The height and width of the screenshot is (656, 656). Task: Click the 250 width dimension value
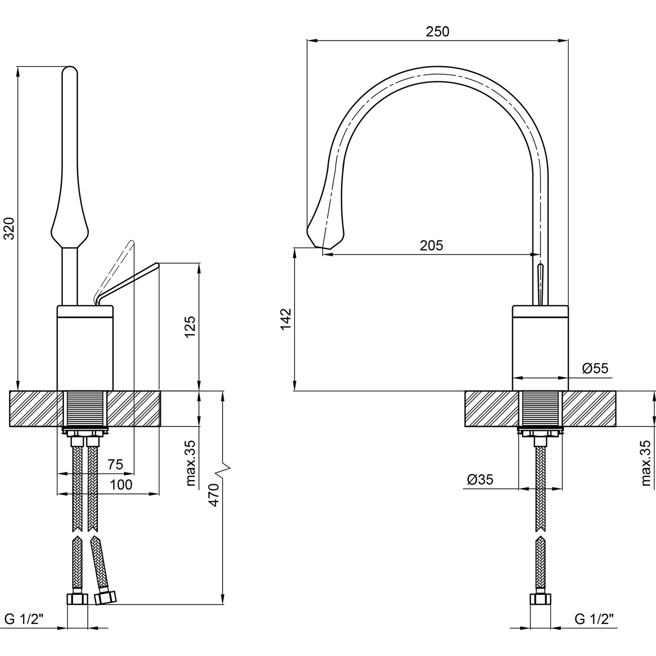pyautogui.click(x=437, y=32)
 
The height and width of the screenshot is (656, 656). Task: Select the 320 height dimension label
pyautogui.click(x=9, y=228)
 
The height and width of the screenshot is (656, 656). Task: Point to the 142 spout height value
pyautogui.click(x=286, y=319)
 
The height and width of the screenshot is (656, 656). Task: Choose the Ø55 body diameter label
pyautogui.click(x=595, y=368)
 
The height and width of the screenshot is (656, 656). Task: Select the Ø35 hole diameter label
pyautogui.click(x=480, y=479)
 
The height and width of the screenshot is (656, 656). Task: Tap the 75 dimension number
pyautogui.click(x=116, y=464)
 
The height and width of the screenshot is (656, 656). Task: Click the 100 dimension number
pyautogui.click(x=121, y=484)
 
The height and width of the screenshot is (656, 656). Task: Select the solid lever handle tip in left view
pyautogui.click(x=156, y=265)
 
